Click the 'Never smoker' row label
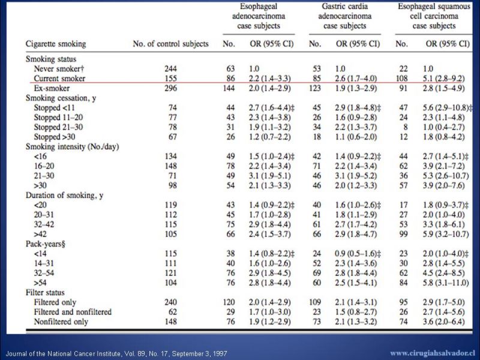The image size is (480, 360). [x=56, y=68]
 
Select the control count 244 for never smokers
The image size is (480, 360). [x=170, y=68]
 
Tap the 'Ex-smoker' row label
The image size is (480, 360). [x=52, y=88]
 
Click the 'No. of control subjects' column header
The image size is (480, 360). [x=170, y=44]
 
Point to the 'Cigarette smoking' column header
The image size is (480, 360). [x=56, y=44]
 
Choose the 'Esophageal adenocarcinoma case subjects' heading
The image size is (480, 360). [x=259, y=16]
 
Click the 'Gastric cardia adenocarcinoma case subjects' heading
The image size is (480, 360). [x=344, y=16]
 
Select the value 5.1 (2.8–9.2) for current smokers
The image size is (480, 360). [x=443, y=79]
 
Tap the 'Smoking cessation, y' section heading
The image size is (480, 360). [x=61, y=98]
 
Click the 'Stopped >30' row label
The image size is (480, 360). [x=54, y=137]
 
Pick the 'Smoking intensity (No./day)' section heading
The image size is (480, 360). [x=72, y=146]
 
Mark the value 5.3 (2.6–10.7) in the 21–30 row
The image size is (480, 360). [x=446, y=176]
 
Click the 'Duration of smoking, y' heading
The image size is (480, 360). [x=64, y=196]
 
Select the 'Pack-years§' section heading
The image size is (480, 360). [x=46, y=244]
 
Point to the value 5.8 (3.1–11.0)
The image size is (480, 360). [x=446, y=283]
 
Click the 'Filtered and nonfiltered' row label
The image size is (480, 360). [x=73, y=312]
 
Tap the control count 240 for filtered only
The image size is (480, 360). [x=170, y=302]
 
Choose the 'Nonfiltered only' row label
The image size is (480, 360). [x=61, y=322]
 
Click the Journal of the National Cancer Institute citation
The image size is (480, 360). [x=116, y=354]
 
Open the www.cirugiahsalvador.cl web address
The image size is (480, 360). [x=433, y=353]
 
